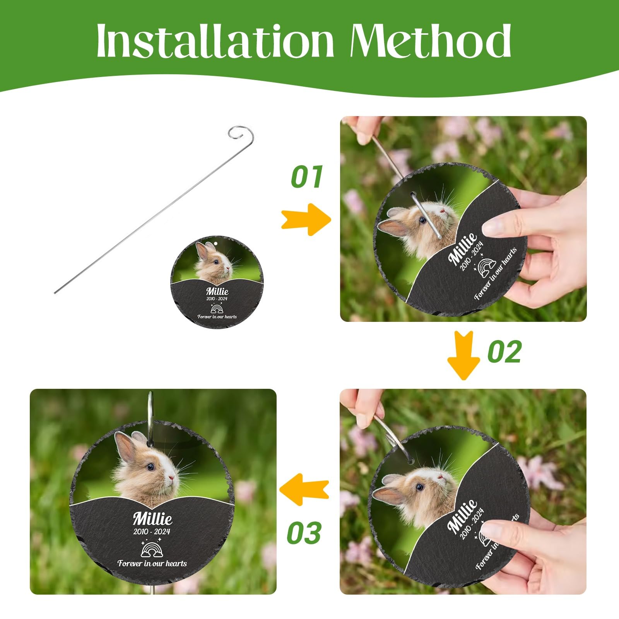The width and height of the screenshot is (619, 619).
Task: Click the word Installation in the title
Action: point(215,40)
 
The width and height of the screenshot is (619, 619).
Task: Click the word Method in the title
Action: point(431,40)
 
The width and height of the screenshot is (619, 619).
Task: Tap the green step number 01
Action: point(306,177)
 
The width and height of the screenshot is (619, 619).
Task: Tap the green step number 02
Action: point(504,352)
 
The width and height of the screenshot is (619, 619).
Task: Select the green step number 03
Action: point(304,533)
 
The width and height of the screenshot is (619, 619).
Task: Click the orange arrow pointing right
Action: point(306,219)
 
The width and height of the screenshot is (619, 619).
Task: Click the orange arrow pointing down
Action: point(463,356)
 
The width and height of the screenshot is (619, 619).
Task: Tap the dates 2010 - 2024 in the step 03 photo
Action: point(152,532)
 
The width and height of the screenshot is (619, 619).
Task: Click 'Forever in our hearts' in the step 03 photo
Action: point(152,563)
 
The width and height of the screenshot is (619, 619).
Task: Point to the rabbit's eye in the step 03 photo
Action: point(150,467)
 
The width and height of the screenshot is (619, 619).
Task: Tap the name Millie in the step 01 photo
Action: point(463,249)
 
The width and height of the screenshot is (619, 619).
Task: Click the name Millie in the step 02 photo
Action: point(462,516)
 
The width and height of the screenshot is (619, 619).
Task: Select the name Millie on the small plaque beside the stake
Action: point(217,291)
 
